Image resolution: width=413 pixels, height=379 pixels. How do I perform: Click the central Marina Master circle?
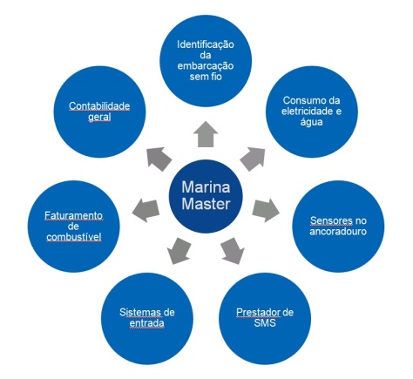click(206, 197)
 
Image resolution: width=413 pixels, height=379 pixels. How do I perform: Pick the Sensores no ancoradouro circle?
click(336, 229)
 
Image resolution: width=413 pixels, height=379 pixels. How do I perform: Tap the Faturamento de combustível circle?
click(73, 225)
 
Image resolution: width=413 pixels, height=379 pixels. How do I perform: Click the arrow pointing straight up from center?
click(206, 132)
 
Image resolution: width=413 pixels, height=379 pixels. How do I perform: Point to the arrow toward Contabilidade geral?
click(159, 158)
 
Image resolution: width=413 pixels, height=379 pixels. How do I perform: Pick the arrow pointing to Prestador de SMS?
click(232, 253)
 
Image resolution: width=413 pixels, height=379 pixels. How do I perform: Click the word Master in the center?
click(206, 206)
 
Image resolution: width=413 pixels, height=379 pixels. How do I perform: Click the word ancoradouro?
click(336, 234)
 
